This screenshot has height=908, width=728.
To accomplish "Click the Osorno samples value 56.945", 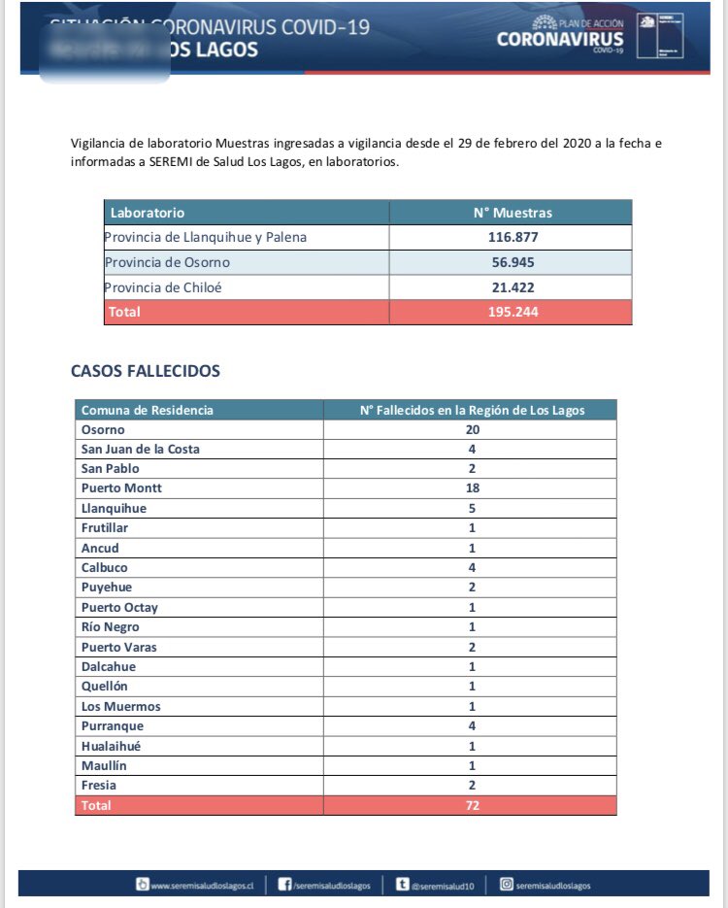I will point(511,262).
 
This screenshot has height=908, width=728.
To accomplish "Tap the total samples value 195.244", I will point(511,312).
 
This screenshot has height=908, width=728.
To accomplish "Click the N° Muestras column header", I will point(511,213).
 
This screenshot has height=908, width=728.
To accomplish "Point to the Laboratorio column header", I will point(148,213).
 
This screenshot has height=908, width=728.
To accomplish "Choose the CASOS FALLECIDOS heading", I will point(146,371).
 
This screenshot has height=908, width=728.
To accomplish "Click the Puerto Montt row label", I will point(121,488).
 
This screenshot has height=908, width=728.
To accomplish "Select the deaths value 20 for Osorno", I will point(472,429).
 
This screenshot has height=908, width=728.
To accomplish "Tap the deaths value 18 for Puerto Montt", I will point(472,488).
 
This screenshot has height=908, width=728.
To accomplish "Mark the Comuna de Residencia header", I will point(148,410).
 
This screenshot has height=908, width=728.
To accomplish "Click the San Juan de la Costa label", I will point(141,449).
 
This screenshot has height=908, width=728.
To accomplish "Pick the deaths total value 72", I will point(472,805).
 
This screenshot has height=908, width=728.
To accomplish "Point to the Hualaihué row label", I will point(116,746).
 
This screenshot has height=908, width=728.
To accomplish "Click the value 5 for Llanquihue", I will point(472,508).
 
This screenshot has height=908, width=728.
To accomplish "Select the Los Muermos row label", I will point(121,706).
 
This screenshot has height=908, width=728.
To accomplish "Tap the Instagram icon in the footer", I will point(506,884).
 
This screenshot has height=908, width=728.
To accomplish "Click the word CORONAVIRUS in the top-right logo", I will point(560,40).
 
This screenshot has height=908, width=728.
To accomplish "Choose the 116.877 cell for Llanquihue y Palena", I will point(511,238).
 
